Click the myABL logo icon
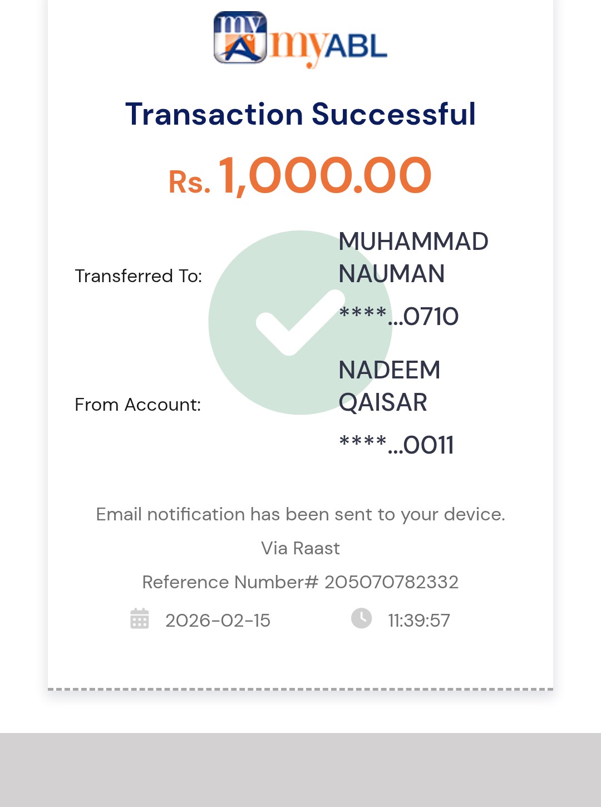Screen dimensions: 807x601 pyautogui.click(x=240, y=37)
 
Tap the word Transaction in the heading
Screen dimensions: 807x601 pyautogui.click(x=214, y=114)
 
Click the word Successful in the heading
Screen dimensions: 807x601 pyautogui.click(x=393, y=114)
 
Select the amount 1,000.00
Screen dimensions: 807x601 pyautogui.click(x=325, y=176)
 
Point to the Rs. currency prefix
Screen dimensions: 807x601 pyautogui.click(x=189, y=182)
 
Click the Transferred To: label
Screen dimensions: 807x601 pyautogui.click(x=139, y=276)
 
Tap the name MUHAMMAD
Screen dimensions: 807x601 pyautogui.click(x=413, y=242)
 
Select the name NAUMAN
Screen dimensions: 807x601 pyautogui.click(x=392, y=274)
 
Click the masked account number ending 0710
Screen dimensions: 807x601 pyautogui.click(x=399, y=316)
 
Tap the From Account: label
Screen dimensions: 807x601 pyautogui.click(x=138, y=405)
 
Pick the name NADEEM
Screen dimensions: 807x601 pyautogui.click(x=390, y=370)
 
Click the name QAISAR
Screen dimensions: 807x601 pyautogui.click(x=383, y=402)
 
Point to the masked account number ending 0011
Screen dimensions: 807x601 pyautogui.click(x=397, y=445)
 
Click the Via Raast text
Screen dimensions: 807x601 pyautogui.click(x=300, y=548)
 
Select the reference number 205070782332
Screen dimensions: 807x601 pyautogui.click(x=391, y=582)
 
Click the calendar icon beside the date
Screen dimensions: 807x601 pyautogui.click(x=140, y=618)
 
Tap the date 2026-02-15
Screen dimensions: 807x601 pyautogui.click(x=218, y=621)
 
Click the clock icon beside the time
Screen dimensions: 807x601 pyautogui.click(x=361, y=618)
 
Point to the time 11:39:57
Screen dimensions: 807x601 pyautogui.click(x=419, y=621)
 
